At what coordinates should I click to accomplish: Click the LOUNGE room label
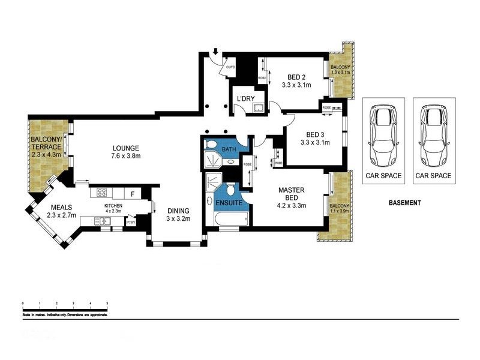pos(125,148)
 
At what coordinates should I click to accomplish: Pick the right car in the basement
pos(433,137)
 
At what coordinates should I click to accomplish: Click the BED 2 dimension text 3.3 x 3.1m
pos(296,85)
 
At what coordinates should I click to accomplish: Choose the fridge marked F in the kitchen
pos(132,193)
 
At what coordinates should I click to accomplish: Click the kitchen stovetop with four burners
pos(101,193)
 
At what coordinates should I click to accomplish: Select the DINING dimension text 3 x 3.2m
pos(178,219)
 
